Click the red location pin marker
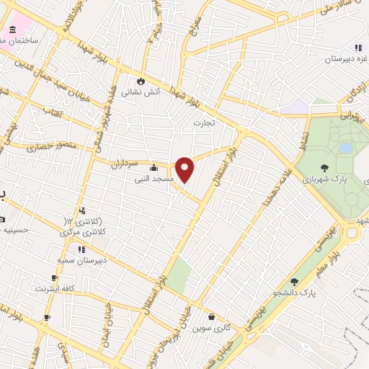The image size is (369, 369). [185, 169]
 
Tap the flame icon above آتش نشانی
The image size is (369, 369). [142, 81]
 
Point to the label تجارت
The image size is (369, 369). [205, 123]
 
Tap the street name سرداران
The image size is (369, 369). [124, 164]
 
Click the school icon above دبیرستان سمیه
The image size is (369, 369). [81, 249]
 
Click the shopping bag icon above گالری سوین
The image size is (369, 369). [211, 316]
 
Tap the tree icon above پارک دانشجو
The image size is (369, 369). [294, 282]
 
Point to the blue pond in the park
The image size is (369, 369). [347, 148]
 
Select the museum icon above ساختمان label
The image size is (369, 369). [13, 30]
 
